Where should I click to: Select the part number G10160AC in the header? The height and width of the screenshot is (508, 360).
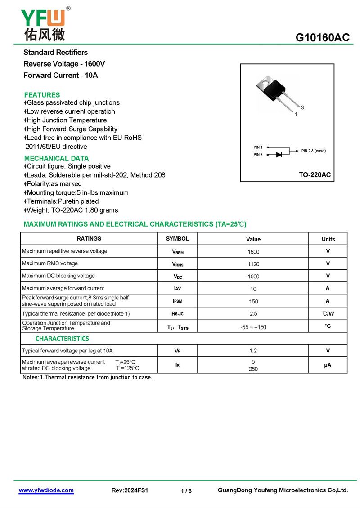click(322, 38)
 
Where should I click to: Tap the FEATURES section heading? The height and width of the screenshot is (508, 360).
click(42, 95)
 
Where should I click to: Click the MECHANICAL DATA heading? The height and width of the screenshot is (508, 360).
click(56, 158)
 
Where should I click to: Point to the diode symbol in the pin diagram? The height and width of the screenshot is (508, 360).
click(279, 154)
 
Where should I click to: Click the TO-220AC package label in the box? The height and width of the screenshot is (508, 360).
click(315, 175)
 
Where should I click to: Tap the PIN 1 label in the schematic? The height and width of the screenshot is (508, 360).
click(258, 147)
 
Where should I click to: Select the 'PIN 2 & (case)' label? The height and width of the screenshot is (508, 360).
click(314, 151)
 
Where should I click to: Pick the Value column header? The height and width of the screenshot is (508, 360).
click(253, 239)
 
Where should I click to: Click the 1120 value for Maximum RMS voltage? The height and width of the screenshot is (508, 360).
click(253, 264)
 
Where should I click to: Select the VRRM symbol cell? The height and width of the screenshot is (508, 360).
click(178, 251)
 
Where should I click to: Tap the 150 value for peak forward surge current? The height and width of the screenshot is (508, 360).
click(253, 301)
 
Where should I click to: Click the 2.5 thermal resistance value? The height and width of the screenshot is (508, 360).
click(253, 313)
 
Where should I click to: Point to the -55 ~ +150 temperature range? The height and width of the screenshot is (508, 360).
click(253, 327)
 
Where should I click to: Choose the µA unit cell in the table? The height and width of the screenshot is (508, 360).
click(328, 365)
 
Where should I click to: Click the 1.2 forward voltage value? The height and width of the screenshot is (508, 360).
click(253, 351)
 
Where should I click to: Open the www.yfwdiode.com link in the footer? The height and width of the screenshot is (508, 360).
click(46, 490)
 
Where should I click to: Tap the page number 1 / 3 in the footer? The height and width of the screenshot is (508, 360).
click(186, 491)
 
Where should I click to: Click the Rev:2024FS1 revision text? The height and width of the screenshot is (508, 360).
click(130, 490)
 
